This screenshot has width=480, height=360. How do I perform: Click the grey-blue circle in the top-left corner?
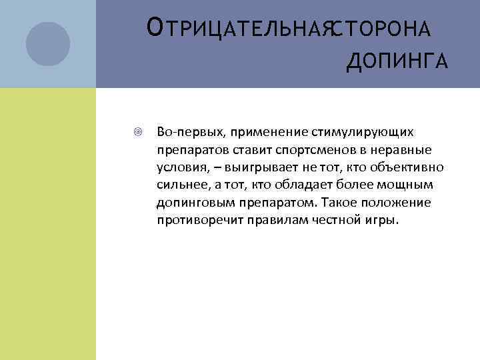47,44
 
